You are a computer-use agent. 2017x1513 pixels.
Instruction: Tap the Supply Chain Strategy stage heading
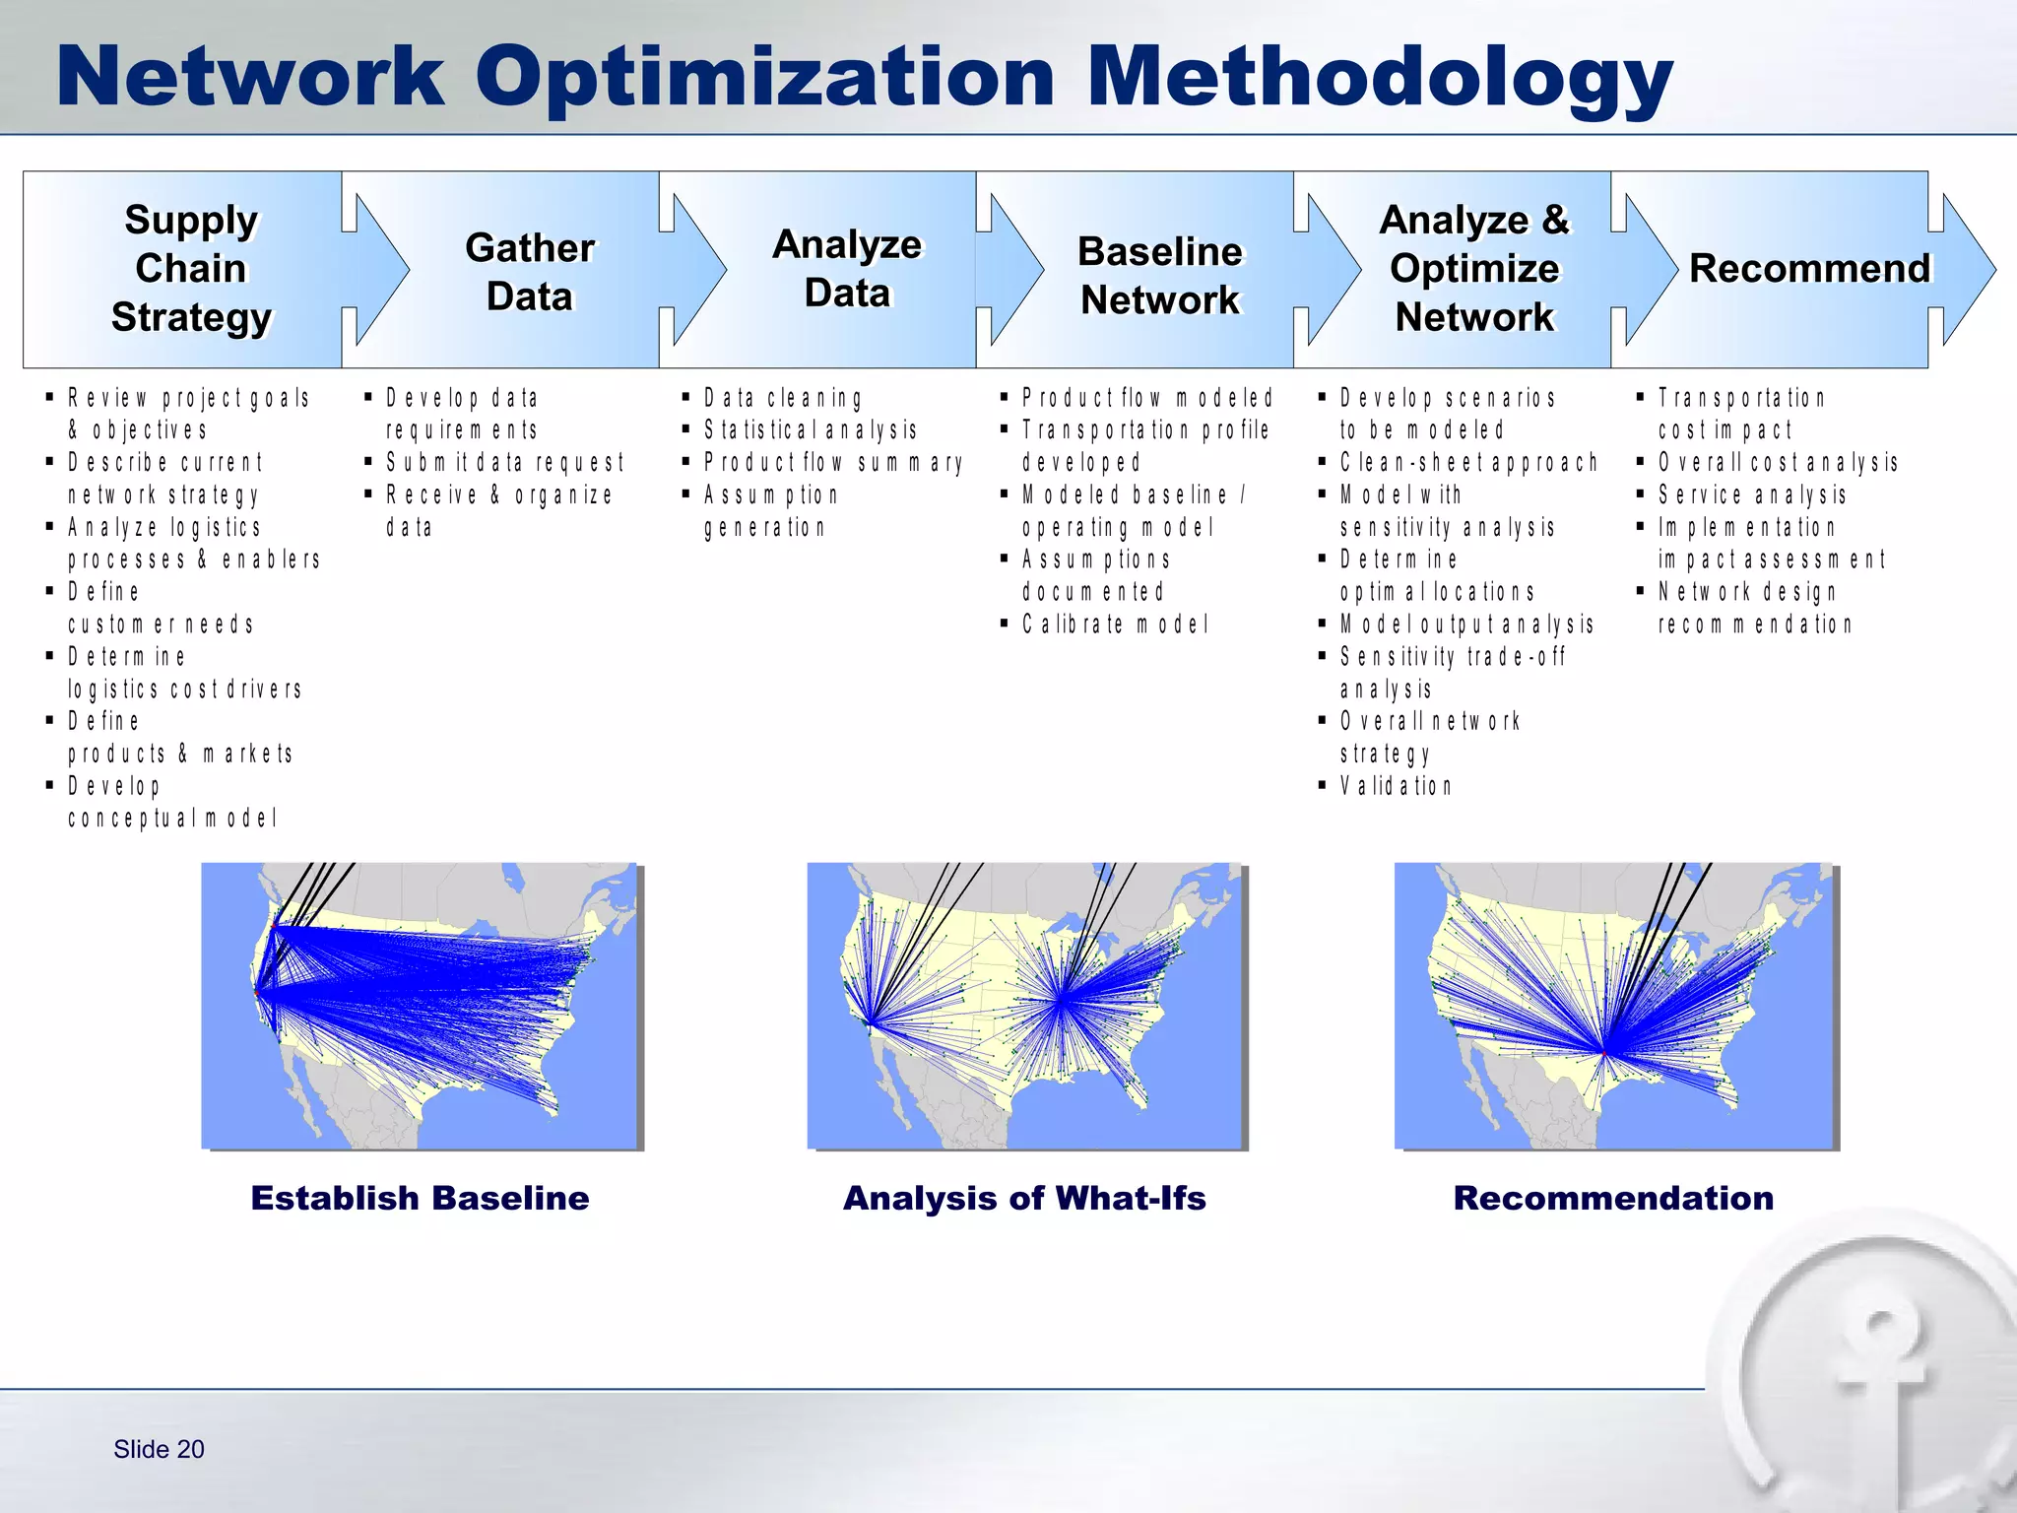pyautogui.click(x=191, y=269)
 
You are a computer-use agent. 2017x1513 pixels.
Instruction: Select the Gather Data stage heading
pyautogui.click(x=530, y=272)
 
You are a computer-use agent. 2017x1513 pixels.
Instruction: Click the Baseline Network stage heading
pyautogui.click(x=1160, y=276)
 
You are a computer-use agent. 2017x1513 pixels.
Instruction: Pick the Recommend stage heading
pyautogui.click(x=1810, y=269)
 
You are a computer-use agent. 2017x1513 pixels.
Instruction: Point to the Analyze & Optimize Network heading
pyautogui.click(x=1474, y=269)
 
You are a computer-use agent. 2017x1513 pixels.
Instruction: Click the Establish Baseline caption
pyautogui.click(x=420, y=1198)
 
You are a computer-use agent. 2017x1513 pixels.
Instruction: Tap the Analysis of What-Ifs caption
pyautogui.click(x=1024, y=1198)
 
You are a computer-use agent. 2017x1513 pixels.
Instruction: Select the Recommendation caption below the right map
pyautogui.click(x=1613, y=1198)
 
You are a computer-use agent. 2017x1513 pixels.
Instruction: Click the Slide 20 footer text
pyautogui.click(x=159, y=1449)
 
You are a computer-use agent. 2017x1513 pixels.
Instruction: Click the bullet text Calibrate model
pyautogui.click(x=1115, y=625)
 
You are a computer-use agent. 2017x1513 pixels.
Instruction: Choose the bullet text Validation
pyautogui.click(x=1396, y=786)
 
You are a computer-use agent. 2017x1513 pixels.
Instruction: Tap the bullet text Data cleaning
pyautogui.click(x=783, y=398)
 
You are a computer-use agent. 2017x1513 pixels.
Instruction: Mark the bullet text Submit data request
pyautogui.click(x=505, y=463)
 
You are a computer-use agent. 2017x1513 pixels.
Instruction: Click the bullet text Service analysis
pyautogui.click(x=1752, y=494)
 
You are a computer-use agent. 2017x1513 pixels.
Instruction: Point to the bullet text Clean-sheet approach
pyautogui.click(x=1467, y=463)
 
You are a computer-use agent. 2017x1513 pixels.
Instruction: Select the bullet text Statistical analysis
pyautogui.click(x=811, y=430)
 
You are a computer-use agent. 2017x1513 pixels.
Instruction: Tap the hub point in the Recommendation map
pyautogui.click(x=1603, y=1054)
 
